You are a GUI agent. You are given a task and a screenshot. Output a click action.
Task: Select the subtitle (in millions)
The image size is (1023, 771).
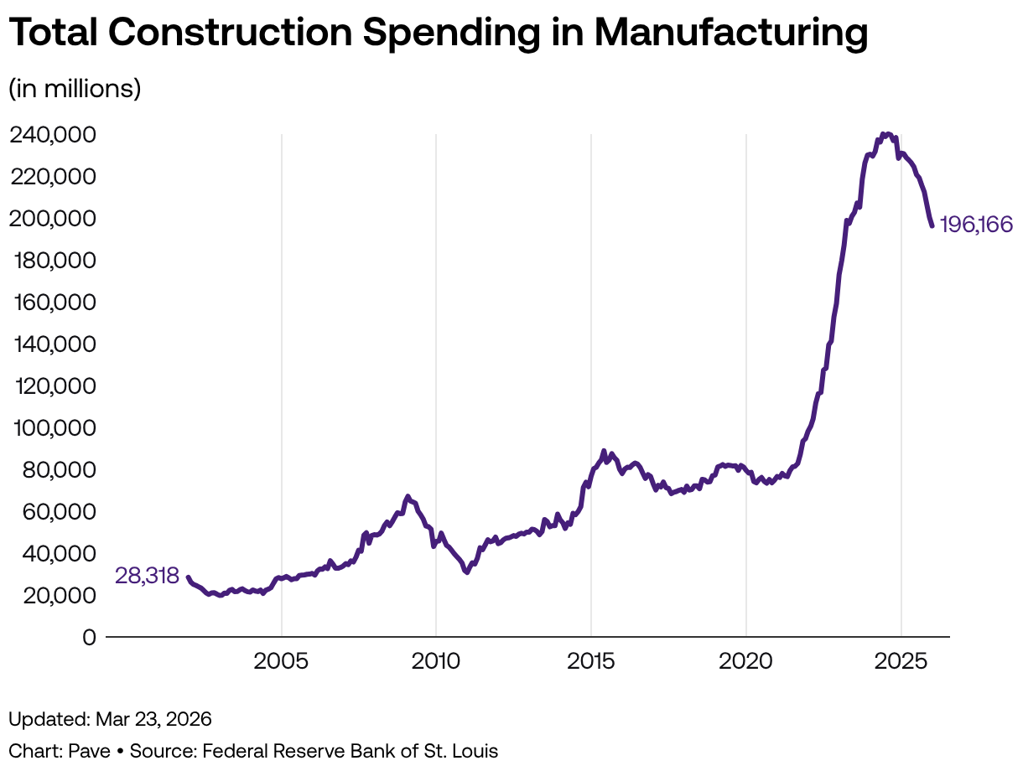pyautogui.click(x=75, y=88)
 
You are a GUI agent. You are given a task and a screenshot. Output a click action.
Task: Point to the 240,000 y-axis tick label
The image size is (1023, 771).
pyautogui.click(x=53, y=134)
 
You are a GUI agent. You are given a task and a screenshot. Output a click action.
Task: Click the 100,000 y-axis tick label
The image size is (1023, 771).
pyautogui.click(x=53, y=427)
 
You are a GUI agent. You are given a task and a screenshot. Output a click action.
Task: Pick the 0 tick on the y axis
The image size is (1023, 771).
pyautogui.click(x=89, y=637)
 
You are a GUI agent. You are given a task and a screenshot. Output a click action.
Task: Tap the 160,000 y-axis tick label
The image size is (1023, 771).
pyautogui.click(x=53, y=302)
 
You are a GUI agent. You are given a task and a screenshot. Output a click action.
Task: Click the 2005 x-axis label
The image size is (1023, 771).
pyautogui.click(x=282, y=661)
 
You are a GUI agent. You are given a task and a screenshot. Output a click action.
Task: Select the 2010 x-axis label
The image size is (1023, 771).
pyautogui.click(x=436, y=661)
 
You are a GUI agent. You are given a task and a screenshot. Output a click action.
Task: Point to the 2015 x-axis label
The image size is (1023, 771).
pyautogui.click(x=591, y=661)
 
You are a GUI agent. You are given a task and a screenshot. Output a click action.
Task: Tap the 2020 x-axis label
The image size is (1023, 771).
pyautogui.click(x=745, y=661)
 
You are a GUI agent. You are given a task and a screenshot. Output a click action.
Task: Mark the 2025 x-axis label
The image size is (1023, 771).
pyautogui.click(x=901, y=661)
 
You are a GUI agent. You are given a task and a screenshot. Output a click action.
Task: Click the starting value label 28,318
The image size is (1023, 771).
pyautogui.click(x=147, y=576)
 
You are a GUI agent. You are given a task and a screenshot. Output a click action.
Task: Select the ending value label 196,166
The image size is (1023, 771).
pyautogui.click(x=976, y=225)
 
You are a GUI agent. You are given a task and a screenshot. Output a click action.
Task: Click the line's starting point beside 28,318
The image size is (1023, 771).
pyautogui.click(x=188, y=577)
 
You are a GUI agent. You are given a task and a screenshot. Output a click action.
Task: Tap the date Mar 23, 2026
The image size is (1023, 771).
pyautogui.click(x=153, y=719)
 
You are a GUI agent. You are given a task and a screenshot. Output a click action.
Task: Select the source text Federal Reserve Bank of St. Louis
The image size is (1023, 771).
pyautogui.click(x=350, y=750)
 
